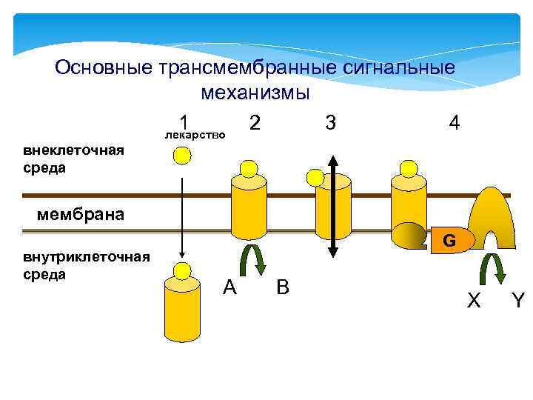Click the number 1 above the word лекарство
coord(186,122)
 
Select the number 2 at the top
coord(254,122)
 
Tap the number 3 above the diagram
coord(330,122)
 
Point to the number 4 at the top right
coord(455,122)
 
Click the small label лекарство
coord(194,136)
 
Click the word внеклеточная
coord(73,151)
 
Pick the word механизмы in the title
coord(255,94)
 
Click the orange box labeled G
coord(448,241)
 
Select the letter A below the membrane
coord(229,287)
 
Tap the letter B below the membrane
coord(282,287)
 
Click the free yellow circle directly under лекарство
coord(182,156)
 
